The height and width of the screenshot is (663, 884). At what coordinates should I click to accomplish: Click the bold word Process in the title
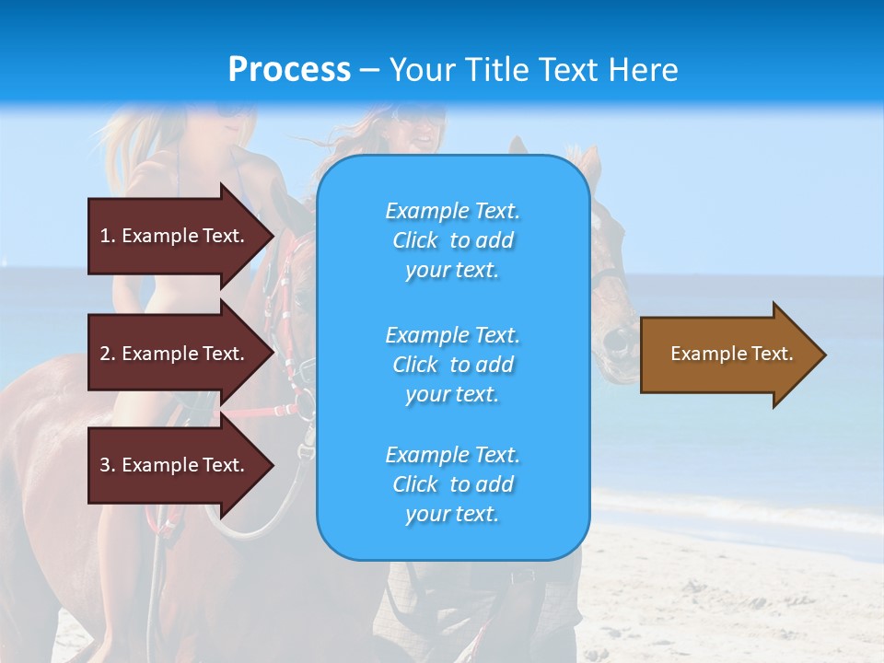click(x=289, y=70)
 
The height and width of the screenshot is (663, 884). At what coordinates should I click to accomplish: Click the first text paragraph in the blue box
click(x=452, y=240)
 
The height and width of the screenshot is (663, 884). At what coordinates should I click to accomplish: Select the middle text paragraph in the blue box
click(x=452, y=365)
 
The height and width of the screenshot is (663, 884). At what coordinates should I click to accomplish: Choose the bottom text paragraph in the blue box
click(x=452, y=484)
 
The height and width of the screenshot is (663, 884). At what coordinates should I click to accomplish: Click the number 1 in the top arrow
click(x=105, y=236)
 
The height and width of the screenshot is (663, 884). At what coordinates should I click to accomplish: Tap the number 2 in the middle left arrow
click(x=105, y=354)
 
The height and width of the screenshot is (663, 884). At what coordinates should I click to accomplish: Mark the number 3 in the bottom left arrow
click(x=105, y=465)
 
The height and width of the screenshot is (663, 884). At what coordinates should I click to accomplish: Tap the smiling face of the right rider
click(x=419, y=129)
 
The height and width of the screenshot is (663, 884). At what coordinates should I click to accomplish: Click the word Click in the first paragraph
click(x=415, y=240)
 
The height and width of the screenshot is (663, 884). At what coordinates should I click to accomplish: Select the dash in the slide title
click(x=370, y=71)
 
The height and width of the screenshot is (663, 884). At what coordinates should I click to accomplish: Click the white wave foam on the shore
click(x=737, y=511)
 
